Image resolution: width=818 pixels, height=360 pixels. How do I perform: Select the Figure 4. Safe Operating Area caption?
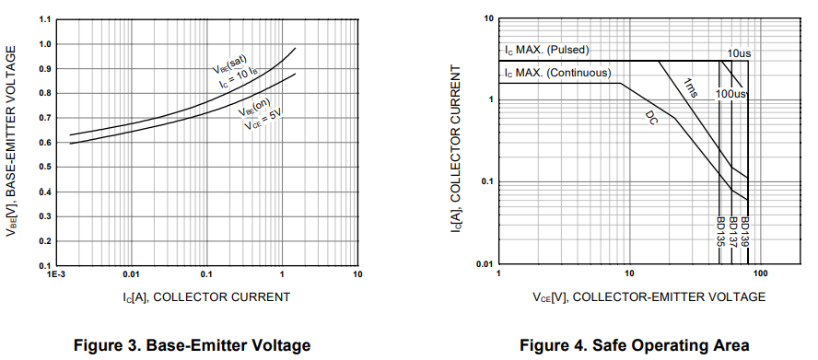click(x=635, y=345)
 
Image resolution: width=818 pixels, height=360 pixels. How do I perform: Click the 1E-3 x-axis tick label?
click(x=56, y=275)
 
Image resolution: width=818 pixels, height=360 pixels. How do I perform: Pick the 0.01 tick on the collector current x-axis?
click(x=131, y=275)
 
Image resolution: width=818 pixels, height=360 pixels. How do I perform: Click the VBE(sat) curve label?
click(x=227, y=64)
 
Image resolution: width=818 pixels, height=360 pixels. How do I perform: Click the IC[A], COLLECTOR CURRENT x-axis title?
click(x=206, y=296)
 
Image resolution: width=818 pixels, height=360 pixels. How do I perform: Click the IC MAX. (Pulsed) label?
click(x=546, y=50)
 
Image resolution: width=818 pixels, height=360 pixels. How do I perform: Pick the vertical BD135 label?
click(x=719, y=233)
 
